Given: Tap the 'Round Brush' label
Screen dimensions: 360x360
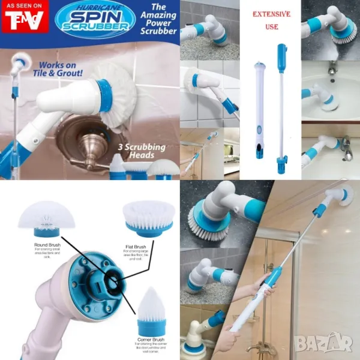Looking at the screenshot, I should [x=47, y=245].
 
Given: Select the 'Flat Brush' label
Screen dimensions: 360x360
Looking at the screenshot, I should [x=136, y=245].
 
